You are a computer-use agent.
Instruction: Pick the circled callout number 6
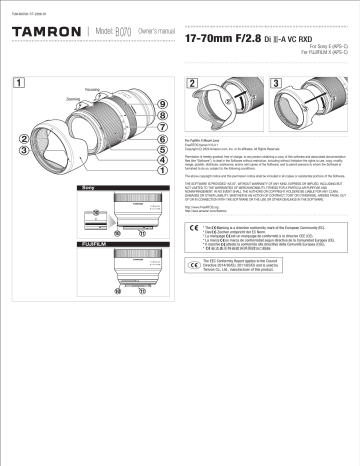tap(161, 138)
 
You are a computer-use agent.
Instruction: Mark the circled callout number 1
tap(161, 168)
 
